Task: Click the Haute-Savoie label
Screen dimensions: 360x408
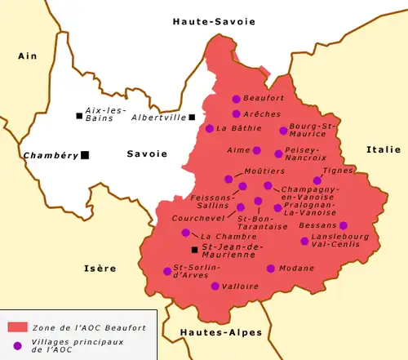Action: click(204, 24)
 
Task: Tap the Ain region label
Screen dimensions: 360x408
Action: click(28, 56)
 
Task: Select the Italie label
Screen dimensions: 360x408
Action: click(384, 149)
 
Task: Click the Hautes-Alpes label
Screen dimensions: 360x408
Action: click(211, 332)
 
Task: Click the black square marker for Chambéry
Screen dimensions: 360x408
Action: click(84, 155)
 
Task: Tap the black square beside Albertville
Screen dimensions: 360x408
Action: click(192, 117)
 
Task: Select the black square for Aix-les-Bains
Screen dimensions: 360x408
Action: click(79, 116)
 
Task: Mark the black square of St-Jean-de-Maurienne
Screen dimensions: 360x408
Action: click(193, 249)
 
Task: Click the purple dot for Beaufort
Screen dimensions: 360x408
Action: click(236, 98)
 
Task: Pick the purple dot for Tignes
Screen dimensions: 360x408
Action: click(317, 180)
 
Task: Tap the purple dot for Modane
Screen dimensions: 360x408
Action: click(271, 268)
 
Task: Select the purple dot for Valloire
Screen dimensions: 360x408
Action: click(215, 287)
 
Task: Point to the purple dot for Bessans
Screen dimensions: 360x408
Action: click(344, 225)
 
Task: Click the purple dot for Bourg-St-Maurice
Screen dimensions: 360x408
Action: click(283, 130)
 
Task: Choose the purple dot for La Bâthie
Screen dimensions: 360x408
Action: click(210, 128)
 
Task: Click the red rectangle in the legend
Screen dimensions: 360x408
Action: click(18, 327)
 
